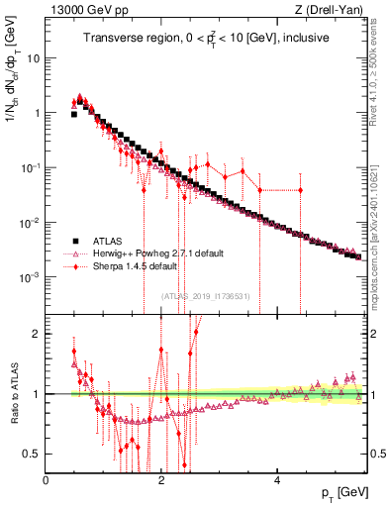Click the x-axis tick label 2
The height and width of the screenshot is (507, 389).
coord(161,480)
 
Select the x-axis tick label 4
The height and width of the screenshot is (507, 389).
coord(277,480)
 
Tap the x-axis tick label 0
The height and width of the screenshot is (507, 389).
coord(47,480)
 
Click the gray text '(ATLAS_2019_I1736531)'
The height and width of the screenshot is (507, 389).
coord(204,296)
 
